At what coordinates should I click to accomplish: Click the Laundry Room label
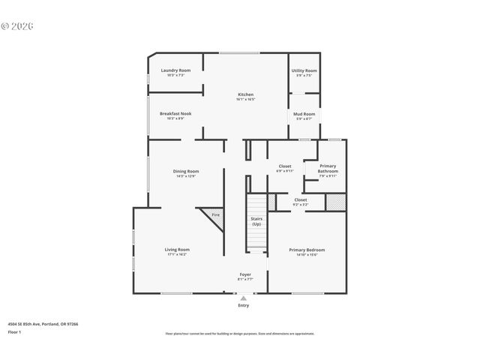175,70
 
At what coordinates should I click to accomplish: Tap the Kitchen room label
245,94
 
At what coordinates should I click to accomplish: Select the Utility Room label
304,70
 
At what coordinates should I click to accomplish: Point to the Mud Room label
304,114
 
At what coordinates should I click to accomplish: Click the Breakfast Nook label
175,114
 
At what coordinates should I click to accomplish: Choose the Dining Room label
186,171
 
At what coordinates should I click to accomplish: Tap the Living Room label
177,250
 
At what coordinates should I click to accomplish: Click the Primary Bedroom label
307,250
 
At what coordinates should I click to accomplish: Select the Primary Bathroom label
328,169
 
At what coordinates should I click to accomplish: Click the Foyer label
244,274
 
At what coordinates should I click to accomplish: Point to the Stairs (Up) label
256,222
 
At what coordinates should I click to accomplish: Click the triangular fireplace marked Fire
214,218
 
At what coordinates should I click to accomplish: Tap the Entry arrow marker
243,298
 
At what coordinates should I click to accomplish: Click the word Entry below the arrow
243,305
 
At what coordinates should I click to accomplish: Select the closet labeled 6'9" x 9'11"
284,166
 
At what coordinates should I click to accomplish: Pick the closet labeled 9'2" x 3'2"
300,200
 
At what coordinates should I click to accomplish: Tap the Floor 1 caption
15,331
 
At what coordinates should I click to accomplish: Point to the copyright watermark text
18,25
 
